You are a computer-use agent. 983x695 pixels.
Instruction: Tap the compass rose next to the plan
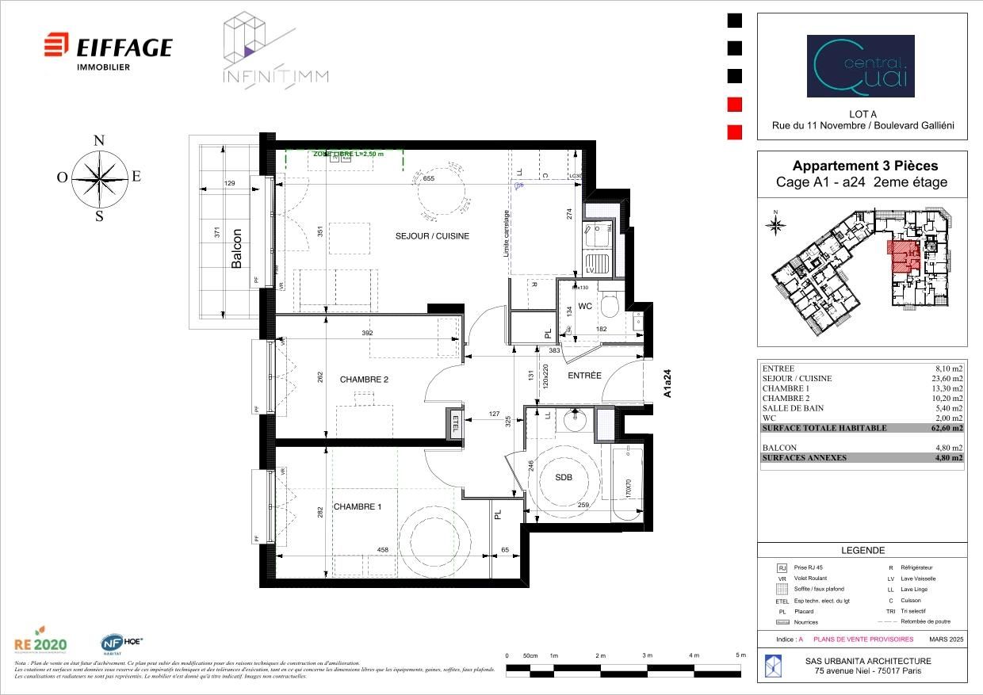pyautogui.click(x=99, y=178)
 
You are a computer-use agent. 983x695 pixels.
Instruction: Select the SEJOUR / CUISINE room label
pyautogui.click(x=432, y=235)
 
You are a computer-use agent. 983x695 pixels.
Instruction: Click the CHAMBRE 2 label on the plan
pyautogui.click(x=364, y=380)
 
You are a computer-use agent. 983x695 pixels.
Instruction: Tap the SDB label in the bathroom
pyautogui.click(x=563, y=477)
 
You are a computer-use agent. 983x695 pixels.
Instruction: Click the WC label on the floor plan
pyautogui.click(x=585, y=305)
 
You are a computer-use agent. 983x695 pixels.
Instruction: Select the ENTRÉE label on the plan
pyautogui.click(x=584, y=375)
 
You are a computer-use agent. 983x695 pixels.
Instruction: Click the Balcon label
pyautogui.click(x=236, y=249)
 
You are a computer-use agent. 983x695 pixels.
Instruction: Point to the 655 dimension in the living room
pyautogui.click(x=429, y=180)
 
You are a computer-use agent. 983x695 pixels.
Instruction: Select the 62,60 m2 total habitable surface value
pyautogui.click(x=948, y=428)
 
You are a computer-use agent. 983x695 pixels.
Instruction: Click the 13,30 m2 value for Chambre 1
pyautogui.click(x=948, y=388)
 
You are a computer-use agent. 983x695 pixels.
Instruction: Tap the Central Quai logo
pyautogui.click(x=860, y=66)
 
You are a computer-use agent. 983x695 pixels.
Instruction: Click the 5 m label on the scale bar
pyautogui.click(x=740, y=655)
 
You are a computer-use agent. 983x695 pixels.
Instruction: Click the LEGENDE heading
pyautogui.click(x=862, y=551)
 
